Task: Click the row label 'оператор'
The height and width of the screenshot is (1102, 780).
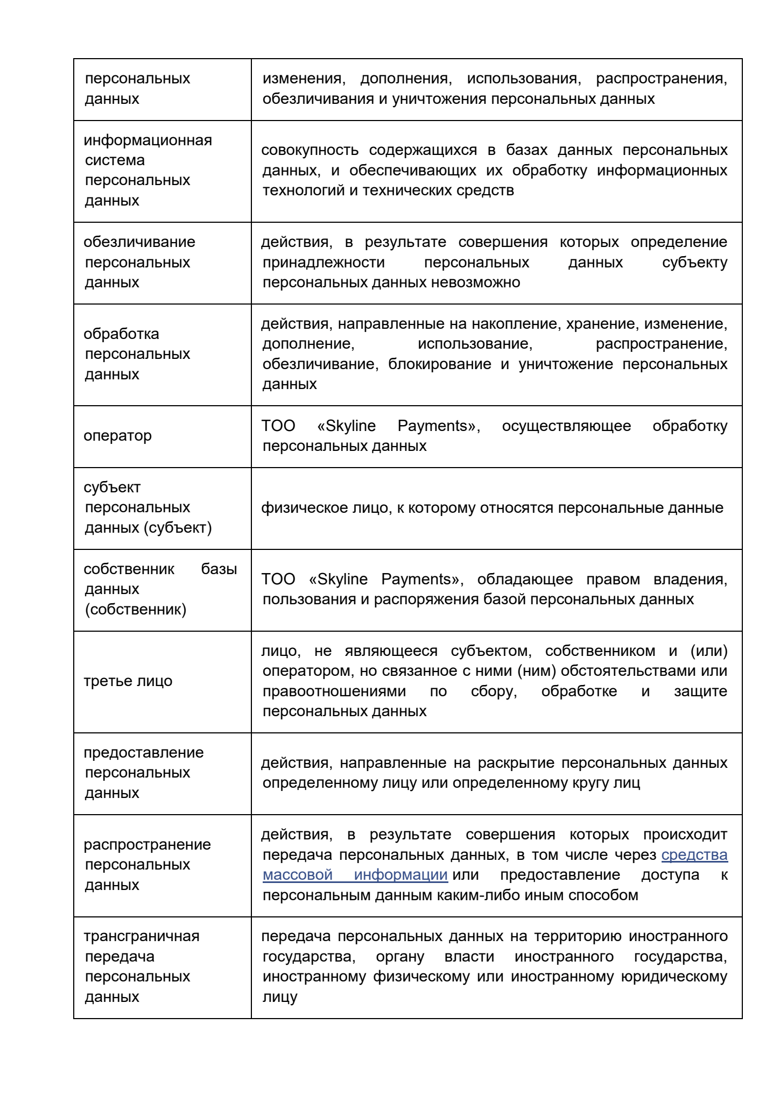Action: (117, 436)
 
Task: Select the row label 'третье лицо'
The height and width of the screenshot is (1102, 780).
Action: (128, 681)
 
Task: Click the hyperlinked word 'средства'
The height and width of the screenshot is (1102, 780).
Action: (694, 855)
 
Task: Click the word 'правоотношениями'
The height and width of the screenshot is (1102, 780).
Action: (334, 691)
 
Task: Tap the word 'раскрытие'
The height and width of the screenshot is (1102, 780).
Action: (516, 763)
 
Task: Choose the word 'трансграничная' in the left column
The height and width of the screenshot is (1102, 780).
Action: (141, 936)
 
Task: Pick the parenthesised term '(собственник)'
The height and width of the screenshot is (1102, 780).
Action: (135, 610)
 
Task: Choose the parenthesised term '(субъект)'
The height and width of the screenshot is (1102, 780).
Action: (178, 528)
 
